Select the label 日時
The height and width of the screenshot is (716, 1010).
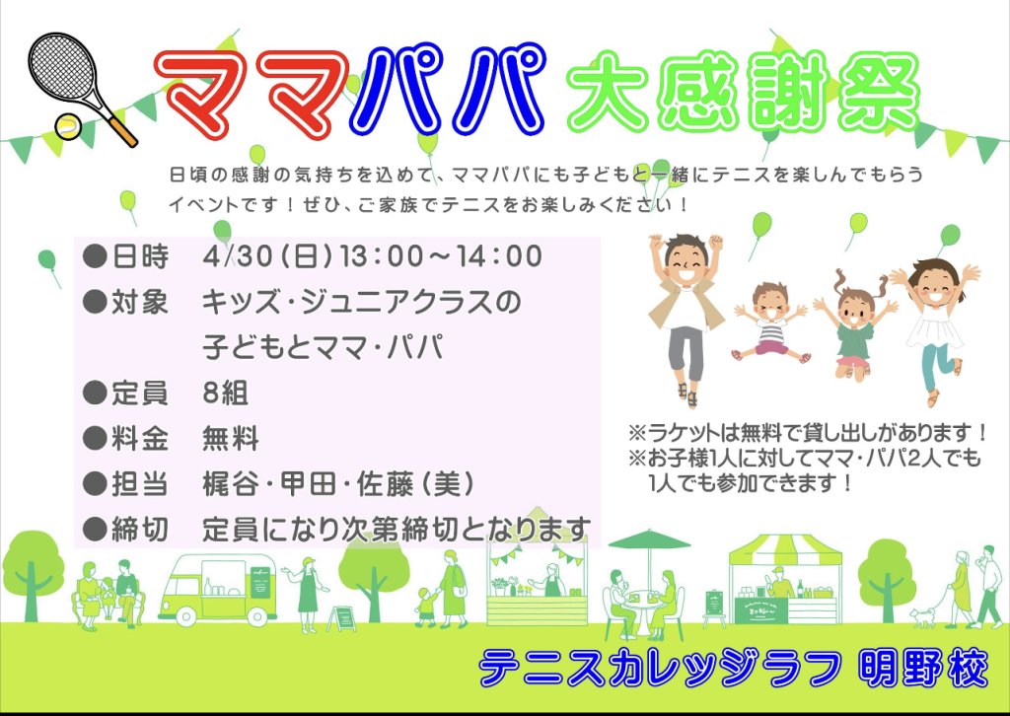point(140,256)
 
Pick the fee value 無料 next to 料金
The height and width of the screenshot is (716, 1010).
point(231,439)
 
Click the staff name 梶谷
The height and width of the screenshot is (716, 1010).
point(231,484)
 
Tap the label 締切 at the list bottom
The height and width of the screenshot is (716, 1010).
point(140,530)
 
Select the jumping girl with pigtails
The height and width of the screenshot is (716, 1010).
point(855,326)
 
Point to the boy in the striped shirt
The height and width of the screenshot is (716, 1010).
point(770,322)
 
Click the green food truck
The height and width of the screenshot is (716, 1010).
point(218,589)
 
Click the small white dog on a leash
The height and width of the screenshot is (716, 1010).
point(922,616)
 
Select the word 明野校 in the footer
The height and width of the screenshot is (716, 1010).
point(922,669)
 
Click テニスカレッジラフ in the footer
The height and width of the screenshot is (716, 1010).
point(660,669)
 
